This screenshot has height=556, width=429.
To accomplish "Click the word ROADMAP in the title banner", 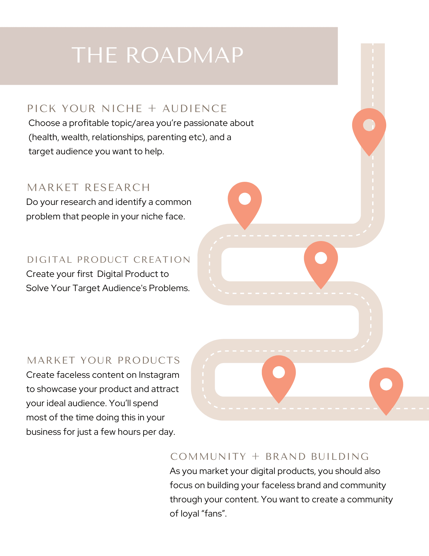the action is [x=185, y=55].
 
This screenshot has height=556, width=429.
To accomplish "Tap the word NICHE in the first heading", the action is [x=122, y=108].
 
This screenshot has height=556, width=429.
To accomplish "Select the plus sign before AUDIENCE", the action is [x=152, y=108].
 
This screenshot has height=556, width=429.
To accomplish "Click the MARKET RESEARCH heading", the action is [x=89, y=188].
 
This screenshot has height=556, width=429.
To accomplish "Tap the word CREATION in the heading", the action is [x=162, y=260].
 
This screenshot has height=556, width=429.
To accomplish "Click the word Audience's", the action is [x=124, y=288].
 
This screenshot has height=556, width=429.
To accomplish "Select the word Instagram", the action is [x=159, y=375].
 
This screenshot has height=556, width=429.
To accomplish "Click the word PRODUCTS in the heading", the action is [x=149, y=360].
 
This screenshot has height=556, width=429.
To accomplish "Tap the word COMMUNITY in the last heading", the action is [x=208, y=456].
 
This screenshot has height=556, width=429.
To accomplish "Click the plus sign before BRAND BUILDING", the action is [x=255, y=456].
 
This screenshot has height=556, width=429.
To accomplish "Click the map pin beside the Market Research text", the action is [x=245, y=200].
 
